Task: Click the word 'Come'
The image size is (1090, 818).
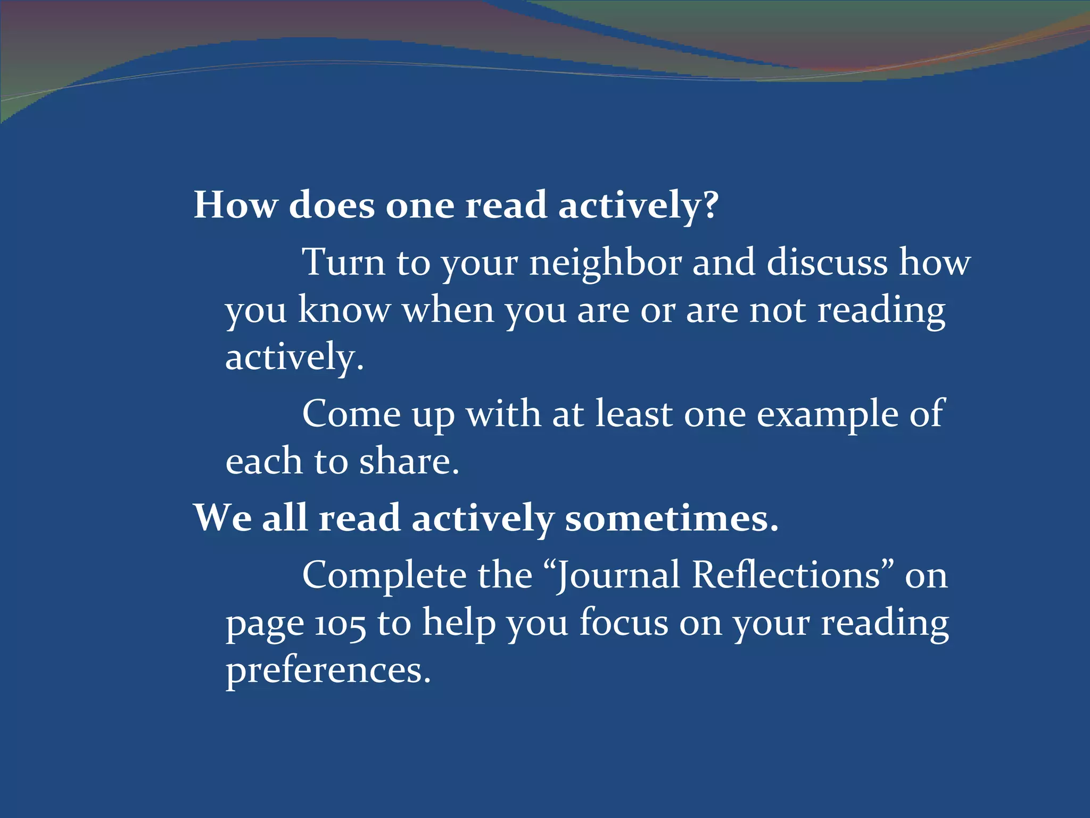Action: point(351,414)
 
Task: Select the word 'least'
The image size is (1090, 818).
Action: point(633,414)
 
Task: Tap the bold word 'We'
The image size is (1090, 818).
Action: point(222,518)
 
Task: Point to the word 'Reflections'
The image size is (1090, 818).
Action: point(786,575)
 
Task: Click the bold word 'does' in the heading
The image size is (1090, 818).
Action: point(331,204)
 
